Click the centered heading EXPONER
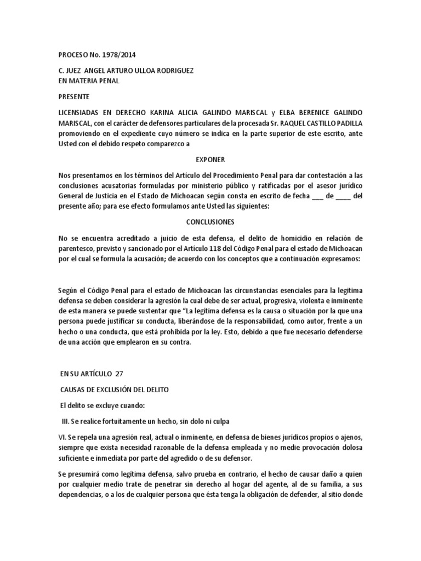tap(210, 159)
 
